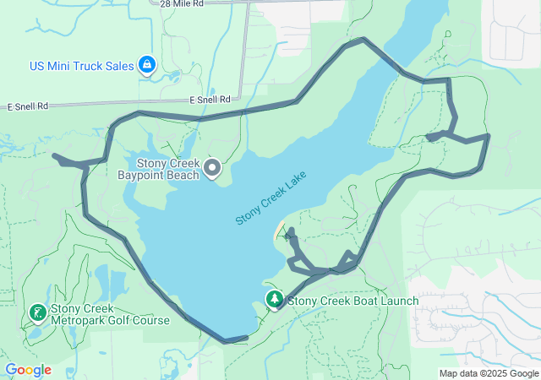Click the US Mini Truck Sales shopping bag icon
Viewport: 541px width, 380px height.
click(x=147, y=64)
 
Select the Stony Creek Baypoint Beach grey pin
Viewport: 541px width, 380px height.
click(x=212, y=169)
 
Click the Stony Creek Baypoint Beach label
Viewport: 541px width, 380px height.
click(x=168, y=169)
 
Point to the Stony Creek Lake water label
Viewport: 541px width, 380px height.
click(x=270, y=198)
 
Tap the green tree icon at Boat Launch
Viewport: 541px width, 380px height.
click(x=275, y=299)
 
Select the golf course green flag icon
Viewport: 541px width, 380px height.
click(x=38, y=313)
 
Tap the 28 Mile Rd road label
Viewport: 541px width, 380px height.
click(x=181, y=4)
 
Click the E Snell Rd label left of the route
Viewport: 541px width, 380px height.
click(x=29, y=107)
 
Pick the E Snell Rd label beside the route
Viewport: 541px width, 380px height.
click(x=210, y=100)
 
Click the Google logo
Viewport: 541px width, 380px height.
click(x=28, y=370)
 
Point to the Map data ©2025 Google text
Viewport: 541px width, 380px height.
click(x=489, y=373)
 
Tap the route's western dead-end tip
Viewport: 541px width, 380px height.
click(x=54, y=155)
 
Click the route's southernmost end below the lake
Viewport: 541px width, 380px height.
click(x=227, y=341)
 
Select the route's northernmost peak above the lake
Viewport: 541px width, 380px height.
click(x=363, y=39)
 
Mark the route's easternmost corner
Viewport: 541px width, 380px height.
click(x=488, y=135)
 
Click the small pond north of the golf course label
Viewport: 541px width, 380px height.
click(x=99, y=279)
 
